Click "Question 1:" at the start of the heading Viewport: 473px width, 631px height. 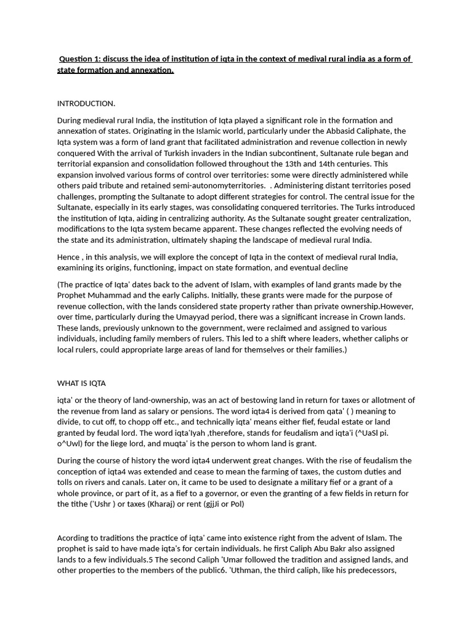pos(80,59)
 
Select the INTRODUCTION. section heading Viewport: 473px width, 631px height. pos(86,103)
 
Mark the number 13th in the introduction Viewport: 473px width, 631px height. pos(317,164)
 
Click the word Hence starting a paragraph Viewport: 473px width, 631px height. pos(68,256)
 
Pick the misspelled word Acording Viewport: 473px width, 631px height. pos(74,537)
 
